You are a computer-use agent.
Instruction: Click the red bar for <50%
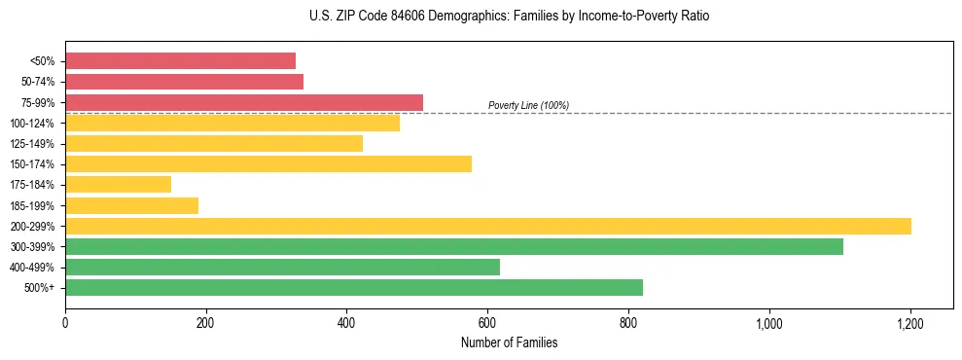pyautogui.click(x=180, y=60)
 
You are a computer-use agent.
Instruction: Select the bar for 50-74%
pyautogui.click(x=184, y=82)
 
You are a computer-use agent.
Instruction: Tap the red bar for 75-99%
pyautogui.click(x=244, y=102)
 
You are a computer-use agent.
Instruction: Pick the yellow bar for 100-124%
pyautogui.click(x=232, y=123)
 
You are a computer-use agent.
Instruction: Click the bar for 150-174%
pyautogui.click(x=268, y=163)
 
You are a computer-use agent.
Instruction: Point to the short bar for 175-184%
pyautogui.click(x=118, y=184)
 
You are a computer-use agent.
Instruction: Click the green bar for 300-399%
pyautogui.click(x=454, y=246)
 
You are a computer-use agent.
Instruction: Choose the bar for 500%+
pyautogui.click(x=354, y=287)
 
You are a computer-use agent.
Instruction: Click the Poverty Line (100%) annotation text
pyautogui.click(x=528, y=105)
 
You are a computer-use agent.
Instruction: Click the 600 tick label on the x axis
pyautogui.click(x=487, y=322)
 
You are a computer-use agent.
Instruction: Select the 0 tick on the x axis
pyautogui.click(x=65, y=322)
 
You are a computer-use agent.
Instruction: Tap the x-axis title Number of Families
pyautogui.click(x=509, y=342)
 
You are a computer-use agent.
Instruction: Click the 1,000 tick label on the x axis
pyautogui.click(x=768, y=322)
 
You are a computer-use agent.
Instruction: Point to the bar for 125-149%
pyautogui.click(x=214, y=143)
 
